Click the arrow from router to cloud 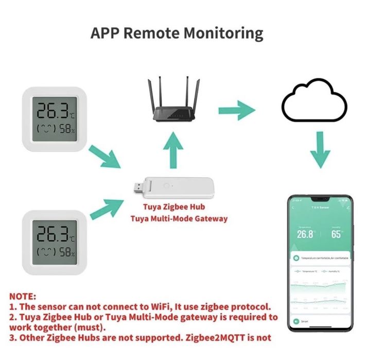[236, 110]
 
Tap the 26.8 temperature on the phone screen [305, 234]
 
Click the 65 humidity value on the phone [336, 234]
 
